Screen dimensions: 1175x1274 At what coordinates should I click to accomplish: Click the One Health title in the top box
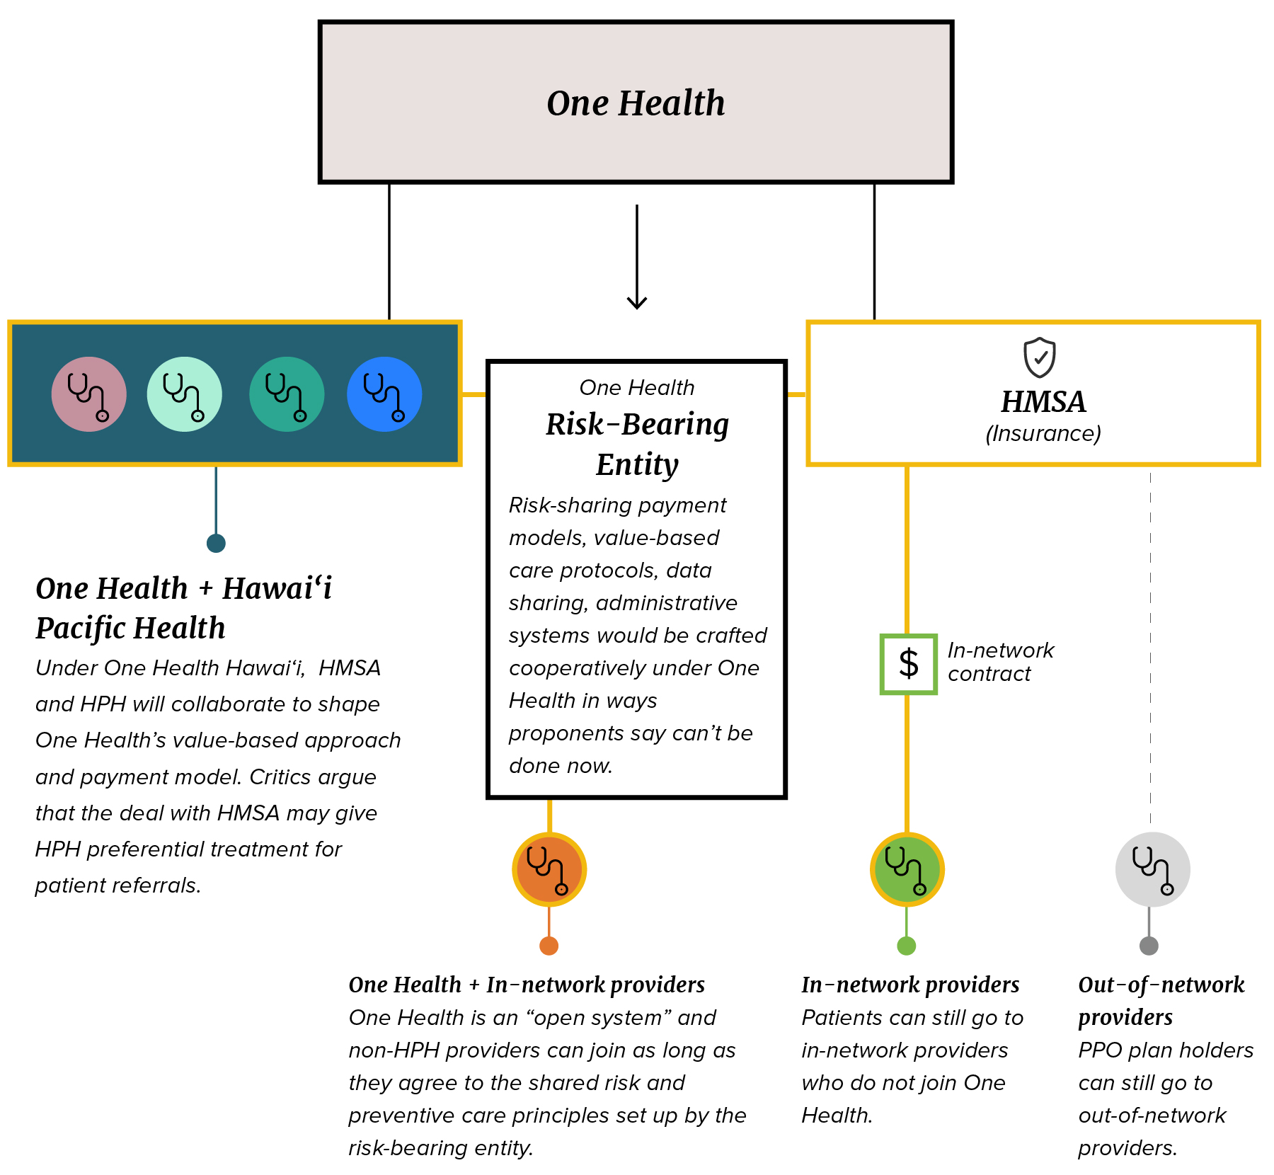click(x=636, y=103)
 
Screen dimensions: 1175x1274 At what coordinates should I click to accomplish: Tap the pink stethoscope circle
click(x=89, y=394)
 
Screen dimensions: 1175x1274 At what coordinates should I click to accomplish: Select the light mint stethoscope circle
click(x=185, y=394)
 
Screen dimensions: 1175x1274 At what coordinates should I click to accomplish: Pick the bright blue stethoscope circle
click(x=384, y=394)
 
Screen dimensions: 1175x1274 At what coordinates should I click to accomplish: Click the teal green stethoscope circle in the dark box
click(x=287, y=394)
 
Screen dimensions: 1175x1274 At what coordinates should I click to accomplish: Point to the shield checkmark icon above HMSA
click(x=1040, y=357)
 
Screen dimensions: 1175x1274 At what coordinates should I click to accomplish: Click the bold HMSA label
click(x=1043, y=402)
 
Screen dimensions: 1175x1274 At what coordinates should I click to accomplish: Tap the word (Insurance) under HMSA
click(x=1043, y=433)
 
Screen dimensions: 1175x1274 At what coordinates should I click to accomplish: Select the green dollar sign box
click(x=908, y=664)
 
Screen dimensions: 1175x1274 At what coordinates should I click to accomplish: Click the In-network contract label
click(x=1000, y=662)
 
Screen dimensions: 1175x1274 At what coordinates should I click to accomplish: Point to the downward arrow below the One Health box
click(x=637, y=258)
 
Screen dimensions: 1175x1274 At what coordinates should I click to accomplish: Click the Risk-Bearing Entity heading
click(x=637, y=444)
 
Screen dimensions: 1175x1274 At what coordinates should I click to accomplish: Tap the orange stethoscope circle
click(x=549, y=869)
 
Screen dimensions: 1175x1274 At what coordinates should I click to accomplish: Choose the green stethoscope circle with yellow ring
click(x=907, y=869)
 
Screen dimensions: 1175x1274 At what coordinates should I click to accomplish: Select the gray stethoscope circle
click(x=1152, y=869)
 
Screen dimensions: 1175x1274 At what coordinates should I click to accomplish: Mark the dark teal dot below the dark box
click(x=216, y=543)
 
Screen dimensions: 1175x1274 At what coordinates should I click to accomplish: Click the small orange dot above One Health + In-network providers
click(x=549, y=946)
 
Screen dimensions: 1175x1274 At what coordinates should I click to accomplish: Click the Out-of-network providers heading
click(x=1161, y=1000)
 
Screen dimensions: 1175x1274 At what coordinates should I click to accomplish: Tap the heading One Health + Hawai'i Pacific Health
click(x=183, y=608)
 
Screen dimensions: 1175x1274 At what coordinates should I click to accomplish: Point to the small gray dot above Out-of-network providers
click(x=1149, y=946)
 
